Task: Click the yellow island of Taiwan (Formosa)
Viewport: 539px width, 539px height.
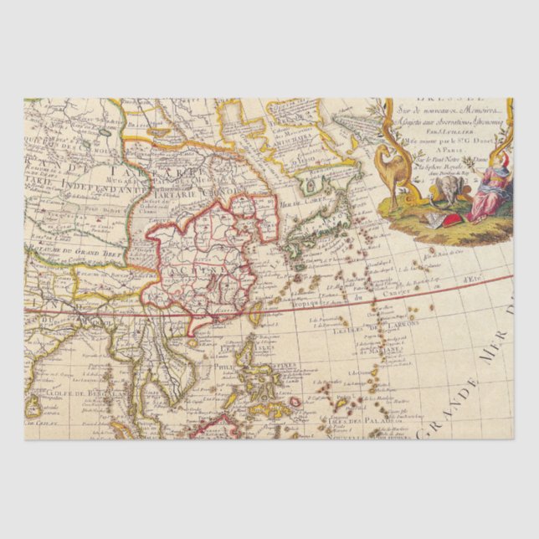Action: [x=255, y=312]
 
